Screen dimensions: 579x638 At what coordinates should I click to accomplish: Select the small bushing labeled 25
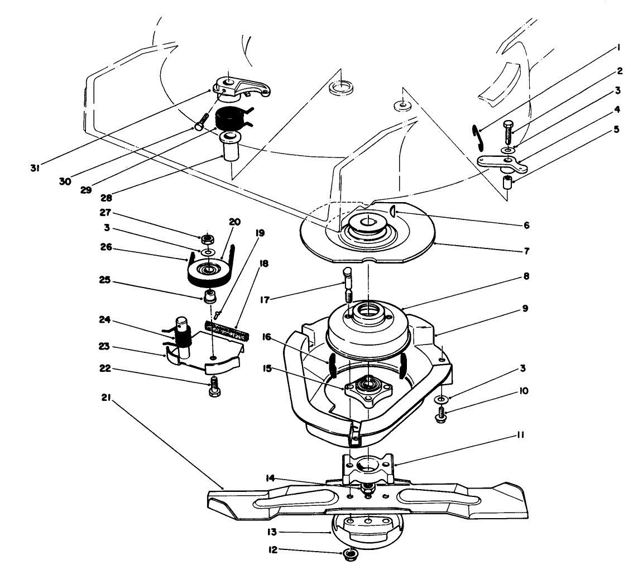pos(211,296)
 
